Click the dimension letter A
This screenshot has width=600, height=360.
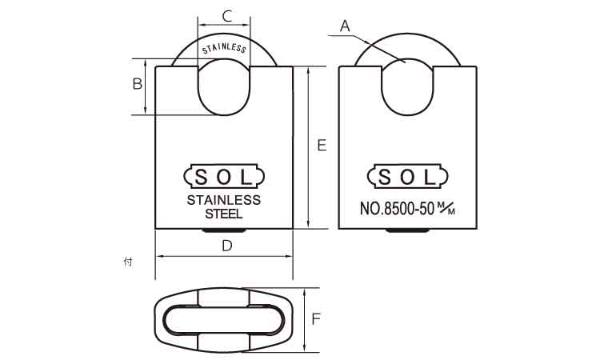[x=346, y=26]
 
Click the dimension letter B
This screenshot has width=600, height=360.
[x=137, y=83]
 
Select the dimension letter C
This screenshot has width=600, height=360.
[x=226, y=15]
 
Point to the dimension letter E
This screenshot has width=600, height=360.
[x=322, y=145]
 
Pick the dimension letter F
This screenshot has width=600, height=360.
[x=316, y=320]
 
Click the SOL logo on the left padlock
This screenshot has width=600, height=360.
[x=224, y=176]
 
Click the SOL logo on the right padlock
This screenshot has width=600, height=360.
[x=408, y=176]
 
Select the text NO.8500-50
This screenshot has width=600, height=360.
[x=397, y=210]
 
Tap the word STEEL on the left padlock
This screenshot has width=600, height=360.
[x=224, y=214]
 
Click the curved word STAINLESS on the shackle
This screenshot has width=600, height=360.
[x=224, y=48]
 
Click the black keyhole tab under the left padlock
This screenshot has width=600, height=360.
[x=225, y=232]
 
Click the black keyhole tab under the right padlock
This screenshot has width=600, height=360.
[x=408, y=232]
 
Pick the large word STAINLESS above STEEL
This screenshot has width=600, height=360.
[x=224, y=200]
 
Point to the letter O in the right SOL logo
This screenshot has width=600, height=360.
[x=408, y=176]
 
